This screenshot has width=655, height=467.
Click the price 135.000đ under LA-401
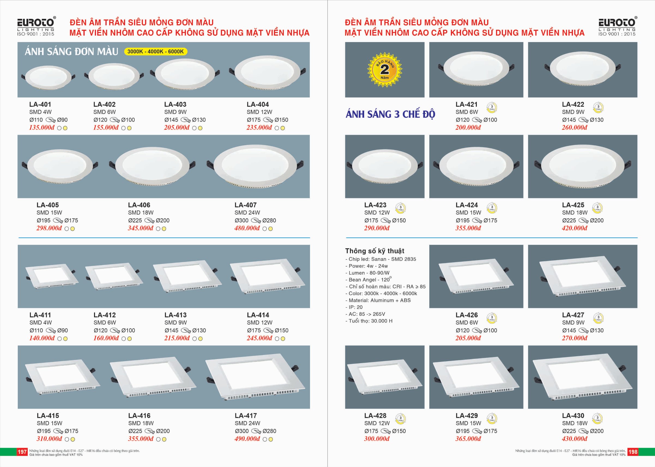pyautogui.click(x=42, y=127)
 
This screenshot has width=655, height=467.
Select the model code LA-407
pyautogui.click(x=245, y=205)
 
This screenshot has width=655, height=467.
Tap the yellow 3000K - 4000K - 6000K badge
pyautogui.click(x=155, y=52)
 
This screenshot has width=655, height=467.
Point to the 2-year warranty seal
pyautogui.click(x=385, y=70)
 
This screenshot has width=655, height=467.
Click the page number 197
pyautogui.click(x=22, y=452)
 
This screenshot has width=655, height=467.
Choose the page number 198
pyautogui.click(x=633, y=452)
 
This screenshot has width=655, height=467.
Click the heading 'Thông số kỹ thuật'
pyautogui.click(x=375, y=251)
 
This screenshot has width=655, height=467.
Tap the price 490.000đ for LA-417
pyautogui.click(x=247, y=439)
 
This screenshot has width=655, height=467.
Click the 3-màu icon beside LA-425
pyautogui.click(x=597, y=208)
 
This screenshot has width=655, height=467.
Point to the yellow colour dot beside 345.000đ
pyautogui.click(x=164, y=229)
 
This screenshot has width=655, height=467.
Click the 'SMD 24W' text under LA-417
pyautogui.click(x=247, y=423)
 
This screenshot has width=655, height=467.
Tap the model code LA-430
pyautogui.click(x=573, y=415)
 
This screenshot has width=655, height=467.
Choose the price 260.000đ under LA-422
pyautogui.click(x=575, y=127)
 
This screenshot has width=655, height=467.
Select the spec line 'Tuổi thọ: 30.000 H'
pyautogui.click(x=369, y=321)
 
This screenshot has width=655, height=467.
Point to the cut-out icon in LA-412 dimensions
pyautogui.click(x=115, y=331)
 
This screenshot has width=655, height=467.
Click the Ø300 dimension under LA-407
pyautogui.click(x=242, y=221)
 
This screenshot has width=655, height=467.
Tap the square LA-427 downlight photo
pyautogui.click(x=582, y=277)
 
